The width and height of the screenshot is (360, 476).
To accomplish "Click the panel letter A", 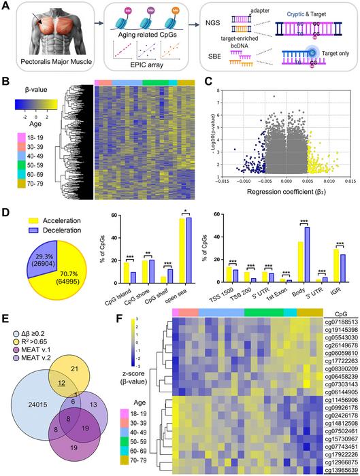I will point(6,6).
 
